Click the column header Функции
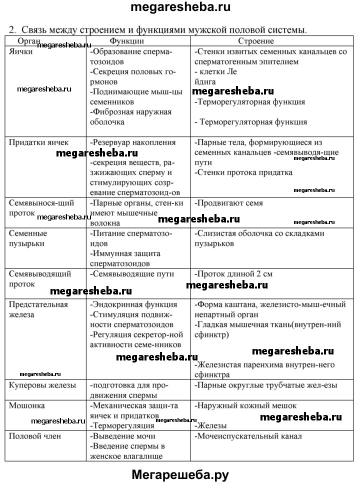[127, 40]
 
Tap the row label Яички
[20, 51]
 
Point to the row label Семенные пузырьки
[28, 238]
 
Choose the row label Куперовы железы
[42, 385]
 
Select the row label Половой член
[35, 436]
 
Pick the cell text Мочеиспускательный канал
[248, 436]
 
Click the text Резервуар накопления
[133, 142]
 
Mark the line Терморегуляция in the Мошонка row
[122, 426]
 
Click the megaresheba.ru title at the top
[180, 8]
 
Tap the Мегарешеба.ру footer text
[180, 474]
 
